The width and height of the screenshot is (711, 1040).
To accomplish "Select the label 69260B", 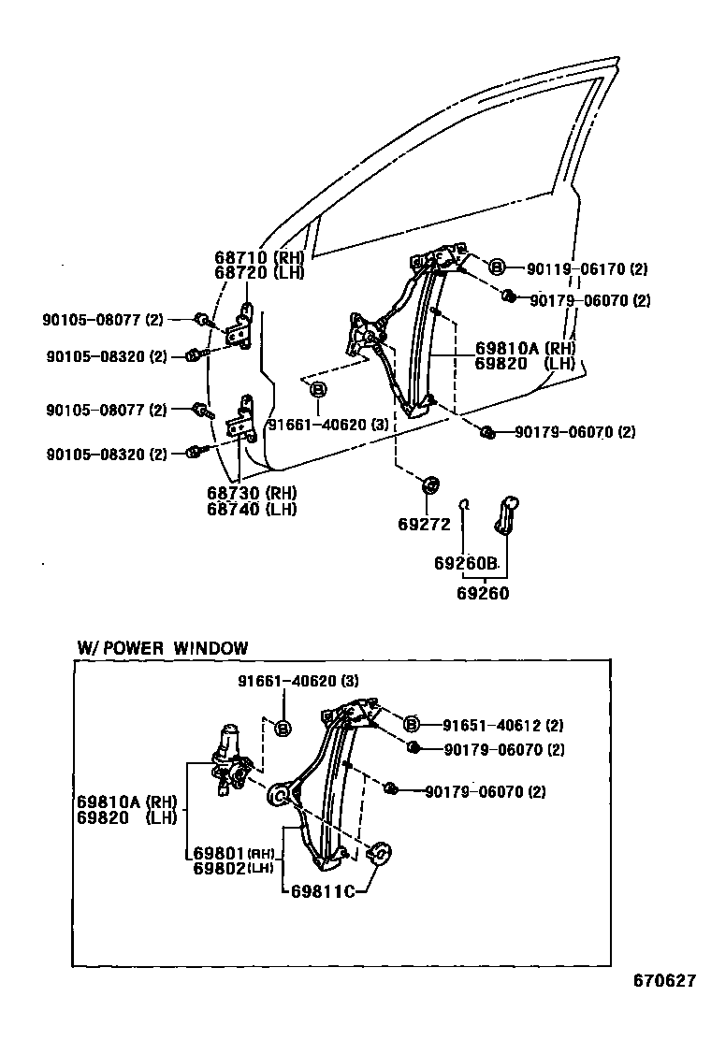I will (465, 564).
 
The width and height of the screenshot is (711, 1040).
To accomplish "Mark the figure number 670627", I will (664, 981).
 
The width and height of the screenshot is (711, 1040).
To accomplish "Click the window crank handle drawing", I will (508, 514).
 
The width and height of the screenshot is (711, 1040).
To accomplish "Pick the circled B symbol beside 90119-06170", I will (497, 267).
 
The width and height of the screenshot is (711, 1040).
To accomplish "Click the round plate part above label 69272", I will (431, 484).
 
